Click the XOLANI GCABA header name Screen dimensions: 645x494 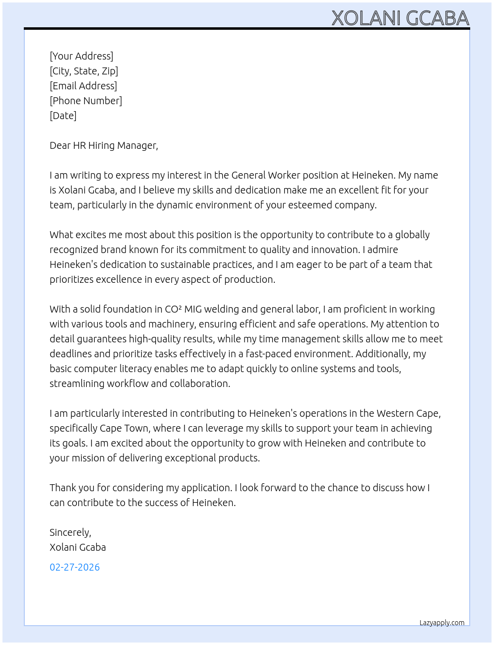click(x=400, y=18)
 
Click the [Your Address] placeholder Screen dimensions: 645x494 click(x=81, y=56)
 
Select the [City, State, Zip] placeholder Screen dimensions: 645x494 click(x=84, y=71)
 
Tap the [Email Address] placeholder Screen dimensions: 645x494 click(x=83, y=86)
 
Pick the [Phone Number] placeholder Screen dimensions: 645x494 click(x=86, y=101)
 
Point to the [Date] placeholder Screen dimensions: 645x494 click(x=63, y=116)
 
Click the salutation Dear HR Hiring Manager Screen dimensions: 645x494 click(x=104, y=145)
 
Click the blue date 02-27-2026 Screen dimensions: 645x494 click(x=74, y=567)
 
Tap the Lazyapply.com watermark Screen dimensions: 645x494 click(x=441, y=623)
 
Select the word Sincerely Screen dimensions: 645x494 click(x=70, y=532)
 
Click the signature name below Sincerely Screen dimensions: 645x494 click(x=77, y=547)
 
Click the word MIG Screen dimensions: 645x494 click(x=193, y=309)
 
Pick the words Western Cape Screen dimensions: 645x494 click(x=408, y=413)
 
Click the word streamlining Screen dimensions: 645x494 click(x=77, y=384)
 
